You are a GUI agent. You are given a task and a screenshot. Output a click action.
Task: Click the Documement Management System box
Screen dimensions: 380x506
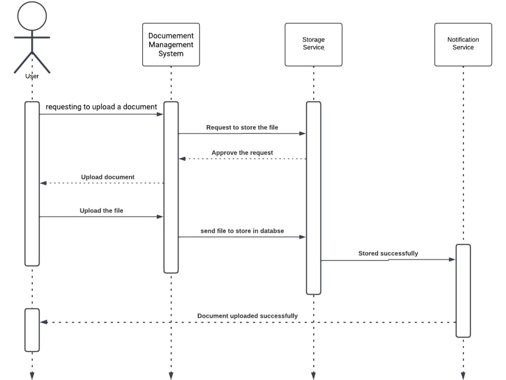[x=171, y=45]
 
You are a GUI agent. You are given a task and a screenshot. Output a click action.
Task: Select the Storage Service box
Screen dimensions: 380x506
[x=313, y=45]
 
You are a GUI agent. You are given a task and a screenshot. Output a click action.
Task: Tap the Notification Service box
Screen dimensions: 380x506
[x=463, y=45]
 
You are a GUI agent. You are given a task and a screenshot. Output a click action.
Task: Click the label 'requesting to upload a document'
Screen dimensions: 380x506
[x=101, y=107]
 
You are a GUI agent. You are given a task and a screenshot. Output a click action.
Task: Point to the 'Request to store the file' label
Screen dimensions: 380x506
[x=242, y=128]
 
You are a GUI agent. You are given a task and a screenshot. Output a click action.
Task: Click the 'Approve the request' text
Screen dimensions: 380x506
[x=242, y=153]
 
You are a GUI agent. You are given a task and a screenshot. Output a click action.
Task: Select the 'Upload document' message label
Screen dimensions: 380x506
[x=108, y=177]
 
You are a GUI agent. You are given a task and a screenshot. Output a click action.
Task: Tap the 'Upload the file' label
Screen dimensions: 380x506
[x=101, y=211]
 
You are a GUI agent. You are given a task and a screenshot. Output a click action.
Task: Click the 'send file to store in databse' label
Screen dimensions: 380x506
[x=242, y=231]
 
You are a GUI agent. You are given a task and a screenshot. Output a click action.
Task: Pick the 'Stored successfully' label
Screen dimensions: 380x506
[x=388, y=253]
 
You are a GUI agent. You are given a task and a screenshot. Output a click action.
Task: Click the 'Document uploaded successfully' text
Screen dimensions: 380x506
[x=247, y=316]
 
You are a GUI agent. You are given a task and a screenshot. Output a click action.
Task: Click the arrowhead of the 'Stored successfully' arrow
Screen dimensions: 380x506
[x=453, y=259]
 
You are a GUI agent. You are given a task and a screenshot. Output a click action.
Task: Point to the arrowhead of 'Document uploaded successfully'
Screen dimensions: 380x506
[x=43, y=322]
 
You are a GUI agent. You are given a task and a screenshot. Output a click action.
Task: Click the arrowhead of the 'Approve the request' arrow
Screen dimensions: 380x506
[x=182, y=159]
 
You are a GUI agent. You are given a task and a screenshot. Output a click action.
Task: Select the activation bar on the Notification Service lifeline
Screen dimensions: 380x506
[x=463, y=291]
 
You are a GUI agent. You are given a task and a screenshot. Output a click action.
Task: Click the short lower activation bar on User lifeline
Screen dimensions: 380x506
[x=32, y=330]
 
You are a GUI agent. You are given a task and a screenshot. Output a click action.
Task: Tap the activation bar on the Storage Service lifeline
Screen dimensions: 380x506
[x=313, y=198]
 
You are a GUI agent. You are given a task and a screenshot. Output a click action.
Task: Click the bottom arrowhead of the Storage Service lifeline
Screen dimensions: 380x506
[x=313, y=376]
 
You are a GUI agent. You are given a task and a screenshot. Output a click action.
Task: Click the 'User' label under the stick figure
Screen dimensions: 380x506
[x=32, y=77]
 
